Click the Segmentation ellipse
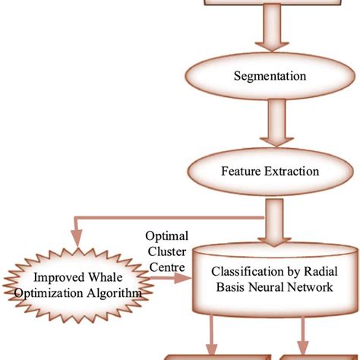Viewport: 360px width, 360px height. pos(270,76)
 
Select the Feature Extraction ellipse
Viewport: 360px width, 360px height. pos(270,172)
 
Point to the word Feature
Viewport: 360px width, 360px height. pos(242,172)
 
